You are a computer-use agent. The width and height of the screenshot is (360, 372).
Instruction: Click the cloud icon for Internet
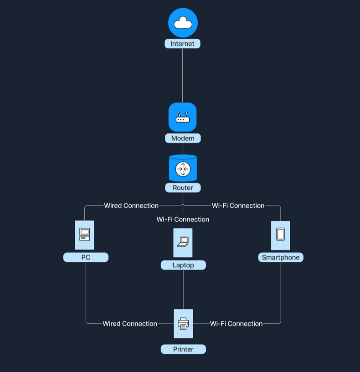click(x=183, y=23)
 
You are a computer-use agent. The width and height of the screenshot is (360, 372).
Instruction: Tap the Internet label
click(x=183, y=44)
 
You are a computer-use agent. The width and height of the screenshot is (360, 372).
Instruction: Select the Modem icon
click(x=183, y=117)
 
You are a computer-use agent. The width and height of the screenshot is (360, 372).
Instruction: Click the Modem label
click(x=183, y=138)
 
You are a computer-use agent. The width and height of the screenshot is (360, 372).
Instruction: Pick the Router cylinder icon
click(x=183, y=168)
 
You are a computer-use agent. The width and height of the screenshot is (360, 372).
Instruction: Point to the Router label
click(x=183, y=188)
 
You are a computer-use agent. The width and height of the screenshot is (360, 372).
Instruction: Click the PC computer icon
click(x=85, y=235)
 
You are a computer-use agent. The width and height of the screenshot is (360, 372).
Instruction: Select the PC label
click(x=86, y=257)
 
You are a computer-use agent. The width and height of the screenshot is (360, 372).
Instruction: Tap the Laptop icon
click(x=183, y=242)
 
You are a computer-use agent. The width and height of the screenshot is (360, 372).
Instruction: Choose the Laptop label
click(x=183, y=265)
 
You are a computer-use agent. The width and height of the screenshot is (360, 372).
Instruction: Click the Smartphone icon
click(x=280, y=235)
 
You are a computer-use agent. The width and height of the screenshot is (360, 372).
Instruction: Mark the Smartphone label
click(x=281, y=257)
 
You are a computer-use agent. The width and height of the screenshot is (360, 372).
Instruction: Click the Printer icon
click(x=183, y=324)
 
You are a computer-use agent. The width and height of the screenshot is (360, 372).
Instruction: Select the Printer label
click(x=183, y=349)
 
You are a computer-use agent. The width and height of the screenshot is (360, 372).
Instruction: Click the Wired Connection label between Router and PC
click(x=131, y=206)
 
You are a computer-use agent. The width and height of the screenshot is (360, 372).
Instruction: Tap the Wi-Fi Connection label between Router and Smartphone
click(x=238, y=206)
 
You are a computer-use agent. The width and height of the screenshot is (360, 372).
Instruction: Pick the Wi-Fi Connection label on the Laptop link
click(x=183, y=219)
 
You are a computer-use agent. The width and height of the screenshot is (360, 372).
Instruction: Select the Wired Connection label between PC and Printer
click(x=130, y=324)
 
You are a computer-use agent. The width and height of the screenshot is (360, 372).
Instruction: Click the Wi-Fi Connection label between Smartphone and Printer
click(x=236, y=324)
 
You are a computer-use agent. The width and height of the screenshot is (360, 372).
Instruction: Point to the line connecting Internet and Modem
click(x=183, y=75)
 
